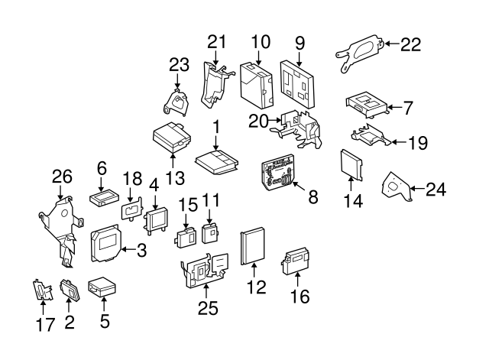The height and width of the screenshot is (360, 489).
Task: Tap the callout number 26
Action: [61, 177]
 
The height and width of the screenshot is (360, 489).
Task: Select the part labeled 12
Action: [252, 246]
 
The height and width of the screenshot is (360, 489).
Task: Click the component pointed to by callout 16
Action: [300, 260]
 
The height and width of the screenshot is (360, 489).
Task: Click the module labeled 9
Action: [299, 81]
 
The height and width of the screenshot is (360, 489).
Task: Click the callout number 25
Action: [208, 309]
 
